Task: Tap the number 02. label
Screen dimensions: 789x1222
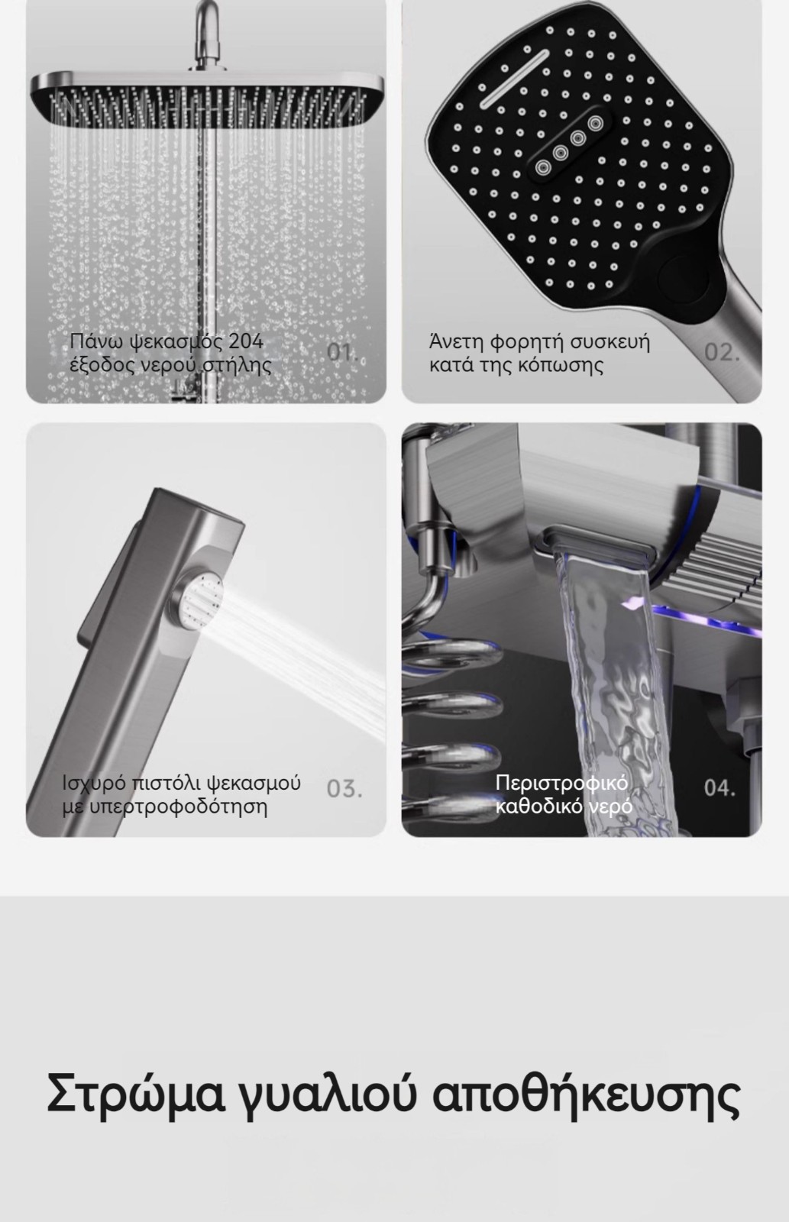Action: [x=722, y=352]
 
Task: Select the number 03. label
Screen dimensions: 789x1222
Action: [x=344, y=789]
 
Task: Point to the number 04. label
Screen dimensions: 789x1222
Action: [x=719, y=787]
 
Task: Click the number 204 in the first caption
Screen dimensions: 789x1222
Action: [x=245, y=341]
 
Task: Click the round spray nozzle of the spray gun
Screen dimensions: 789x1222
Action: [x=199, y=603]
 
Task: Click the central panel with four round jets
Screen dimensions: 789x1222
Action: [x=568, y=144]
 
